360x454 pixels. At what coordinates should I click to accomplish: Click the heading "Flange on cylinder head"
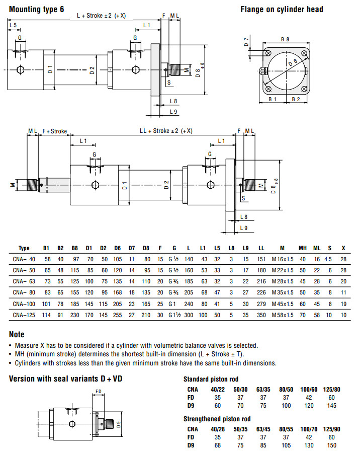click(282, 9)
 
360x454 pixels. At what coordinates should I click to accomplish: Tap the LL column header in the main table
click(261, 248)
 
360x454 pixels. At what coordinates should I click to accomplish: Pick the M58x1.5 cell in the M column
click(283, 315)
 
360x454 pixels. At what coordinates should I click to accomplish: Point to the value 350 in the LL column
click(261, 315)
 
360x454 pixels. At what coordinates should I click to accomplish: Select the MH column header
click(303, 248)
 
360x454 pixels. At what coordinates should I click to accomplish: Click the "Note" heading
click(17, 334)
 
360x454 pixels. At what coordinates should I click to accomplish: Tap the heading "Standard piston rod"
click(211, 379)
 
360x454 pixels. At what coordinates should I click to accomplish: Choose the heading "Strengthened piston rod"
click(217, 419)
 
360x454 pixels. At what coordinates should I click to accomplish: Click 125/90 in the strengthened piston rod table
click(331, 429)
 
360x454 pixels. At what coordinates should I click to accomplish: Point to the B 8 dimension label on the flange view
click(285, 39)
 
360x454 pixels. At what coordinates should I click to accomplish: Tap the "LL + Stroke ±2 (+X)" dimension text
click(165, 131)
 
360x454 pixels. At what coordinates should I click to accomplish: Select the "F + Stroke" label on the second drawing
click(54, 131)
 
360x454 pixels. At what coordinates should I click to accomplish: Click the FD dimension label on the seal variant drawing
click(99, 391)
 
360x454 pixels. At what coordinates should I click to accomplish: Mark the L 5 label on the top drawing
click(13, 25)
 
